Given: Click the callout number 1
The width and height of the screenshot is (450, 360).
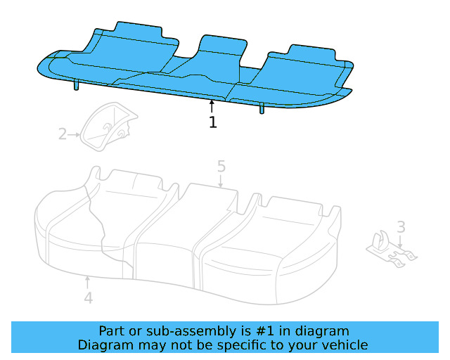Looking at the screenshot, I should coord(212,122).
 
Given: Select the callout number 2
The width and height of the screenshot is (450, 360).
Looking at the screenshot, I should coord(62,134).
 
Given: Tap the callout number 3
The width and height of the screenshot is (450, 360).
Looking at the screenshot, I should coord(400,227).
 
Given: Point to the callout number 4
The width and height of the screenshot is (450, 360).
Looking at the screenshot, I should coord(88,298).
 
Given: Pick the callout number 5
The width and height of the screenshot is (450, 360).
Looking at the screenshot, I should coord(221,167).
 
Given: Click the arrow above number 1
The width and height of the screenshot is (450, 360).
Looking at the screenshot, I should coord(212,106).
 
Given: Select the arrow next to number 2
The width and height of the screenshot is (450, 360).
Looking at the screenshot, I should coord(74,134).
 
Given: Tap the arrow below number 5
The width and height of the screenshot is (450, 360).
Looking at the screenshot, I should coord(221,182).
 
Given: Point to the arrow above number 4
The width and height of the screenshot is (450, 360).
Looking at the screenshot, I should coord(87,281).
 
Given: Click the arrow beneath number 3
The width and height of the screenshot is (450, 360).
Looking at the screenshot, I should coord(400,243).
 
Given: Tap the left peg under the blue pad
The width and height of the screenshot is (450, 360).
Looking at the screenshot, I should coord(75,86).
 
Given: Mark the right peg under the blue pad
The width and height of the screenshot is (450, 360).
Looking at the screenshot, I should coord(262,108).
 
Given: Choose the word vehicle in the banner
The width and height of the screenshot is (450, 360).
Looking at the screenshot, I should coord(345,345).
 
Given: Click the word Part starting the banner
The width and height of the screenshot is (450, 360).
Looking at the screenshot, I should coord(112,331).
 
